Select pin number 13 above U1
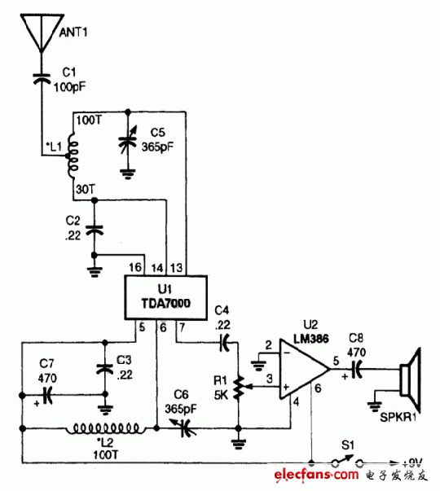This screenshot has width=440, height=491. (177, 267)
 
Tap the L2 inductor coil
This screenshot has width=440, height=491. (106, 427)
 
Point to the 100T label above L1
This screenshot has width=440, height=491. (87, 121)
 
